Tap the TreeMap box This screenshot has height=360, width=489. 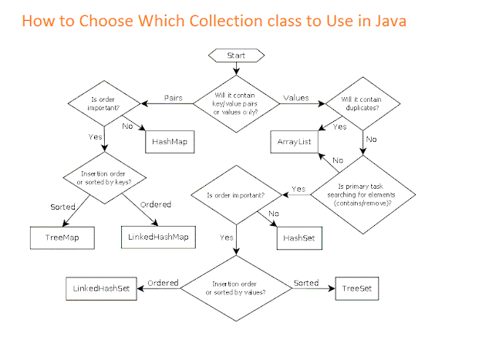point(61,238)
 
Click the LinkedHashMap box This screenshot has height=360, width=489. point(155,238)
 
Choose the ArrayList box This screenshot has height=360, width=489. point(294,143)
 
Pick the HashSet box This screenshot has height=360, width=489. point(298,238)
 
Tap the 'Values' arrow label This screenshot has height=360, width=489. point(296,98)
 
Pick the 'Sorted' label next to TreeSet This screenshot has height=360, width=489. point(305,283)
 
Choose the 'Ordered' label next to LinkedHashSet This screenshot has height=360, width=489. point(163,283)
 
